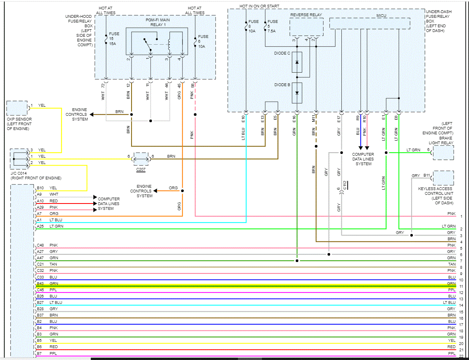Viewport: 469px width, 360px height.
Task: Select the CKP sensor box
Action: [17, 108]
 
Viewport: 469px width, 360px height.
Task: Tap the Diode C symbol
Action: [297, 62]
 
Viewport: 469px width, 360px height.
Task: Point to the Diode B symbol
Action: [297, 92]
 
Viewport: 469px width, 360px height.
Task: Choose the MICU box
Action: [369, 23]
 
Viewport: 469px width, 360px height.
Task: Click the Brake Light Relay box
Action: [443, 152]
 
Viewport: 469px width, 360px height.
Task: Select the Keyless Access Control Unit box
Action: [443, 178]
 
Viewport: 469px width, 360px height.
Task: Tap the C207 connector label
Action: [141, 169]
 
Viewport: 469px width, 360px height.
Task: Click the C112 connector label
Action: [345, 185]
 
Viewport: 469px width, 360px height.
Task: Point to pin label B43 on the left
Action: [40, 283]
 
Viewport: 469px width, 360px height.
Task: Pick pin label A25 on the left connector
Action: [40, 226]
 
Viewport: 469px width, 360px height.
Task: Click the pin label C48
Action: [40, 245]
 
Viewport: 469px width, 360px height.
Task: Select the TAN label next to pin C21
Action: [53, 264]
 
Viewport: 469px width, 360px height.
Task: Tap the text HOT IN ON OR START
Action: [259, 6]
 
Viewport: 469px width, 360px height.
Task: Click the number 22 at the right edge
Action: [461, 357]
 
